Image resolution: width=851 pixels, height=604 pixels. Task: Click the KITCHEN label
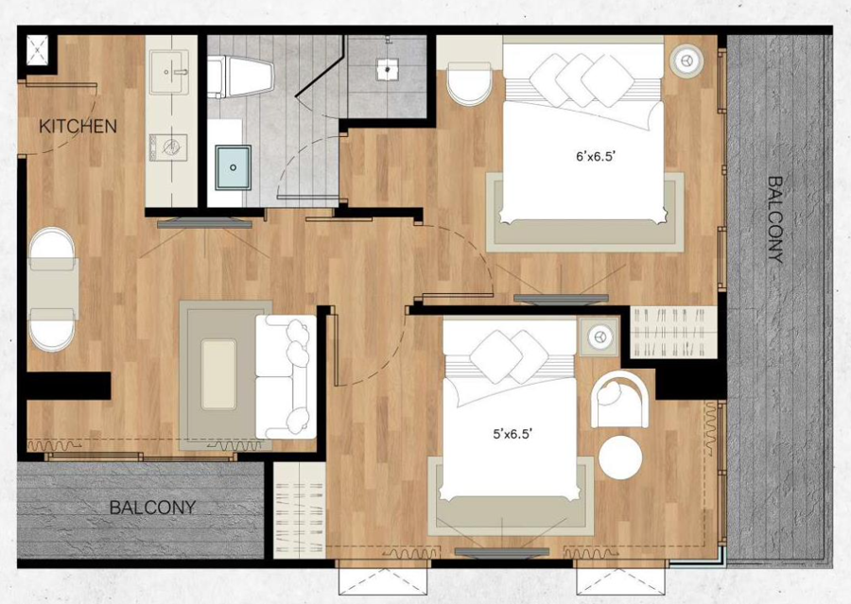click(x=78, y=127)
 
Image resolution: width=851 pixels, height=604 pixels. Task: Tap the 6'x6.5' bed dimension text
click(x=595, y=157)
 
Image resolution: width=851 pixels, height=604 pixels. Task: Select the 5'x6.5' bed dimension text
click(x=512, y=434)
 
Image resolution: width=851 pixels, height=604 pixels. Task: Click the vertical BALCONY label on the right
click(x=776, y=220)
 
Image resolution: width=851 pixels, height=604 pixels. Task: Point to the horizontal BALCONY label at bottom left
click(x=152, y=508)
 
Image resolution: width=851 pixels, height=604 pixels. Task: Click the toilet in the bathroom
click(x=240, y=77)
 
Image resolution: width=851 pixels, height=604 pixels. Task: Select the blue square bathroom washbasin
click(x=233, y=167)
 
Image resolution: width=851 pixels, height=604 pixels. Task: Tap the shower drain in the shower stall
click(x=387, y=69)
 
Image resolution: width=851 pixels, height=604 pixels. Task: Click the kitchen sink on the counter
click(x=169, y=72)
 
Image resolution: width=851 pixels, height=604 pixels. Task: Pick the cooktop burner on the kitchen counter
click(x=168, y=147)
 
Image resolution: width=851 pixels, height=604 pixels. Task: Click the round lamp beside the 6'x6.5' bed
click(x=686, y=60)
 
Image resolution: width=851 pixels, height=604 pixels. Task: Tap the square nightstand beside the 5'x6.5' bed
click(x=599, y=337)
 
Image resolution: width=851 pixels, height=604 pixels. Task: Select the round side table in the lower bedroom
click(x=620, y=457)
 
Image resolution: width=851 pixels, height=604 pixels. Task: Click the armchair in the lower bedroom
click(x=619, y=400)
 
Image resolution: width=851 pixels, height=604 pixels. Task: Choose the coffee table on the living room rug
click(x=218, y=374)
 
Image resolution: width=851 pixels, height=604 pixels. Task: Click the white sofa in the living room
click(x=286, y=376)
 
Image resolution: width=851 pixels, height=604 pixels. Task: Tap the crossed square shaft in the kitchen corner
click(x=37, y=50)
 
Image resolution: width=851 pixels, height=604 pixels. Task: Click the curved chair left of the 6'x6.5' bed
click(x=469, y=83)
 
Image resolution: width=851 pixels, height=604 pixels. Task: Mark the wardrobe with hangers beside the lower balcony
click(x=299, y=510)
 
